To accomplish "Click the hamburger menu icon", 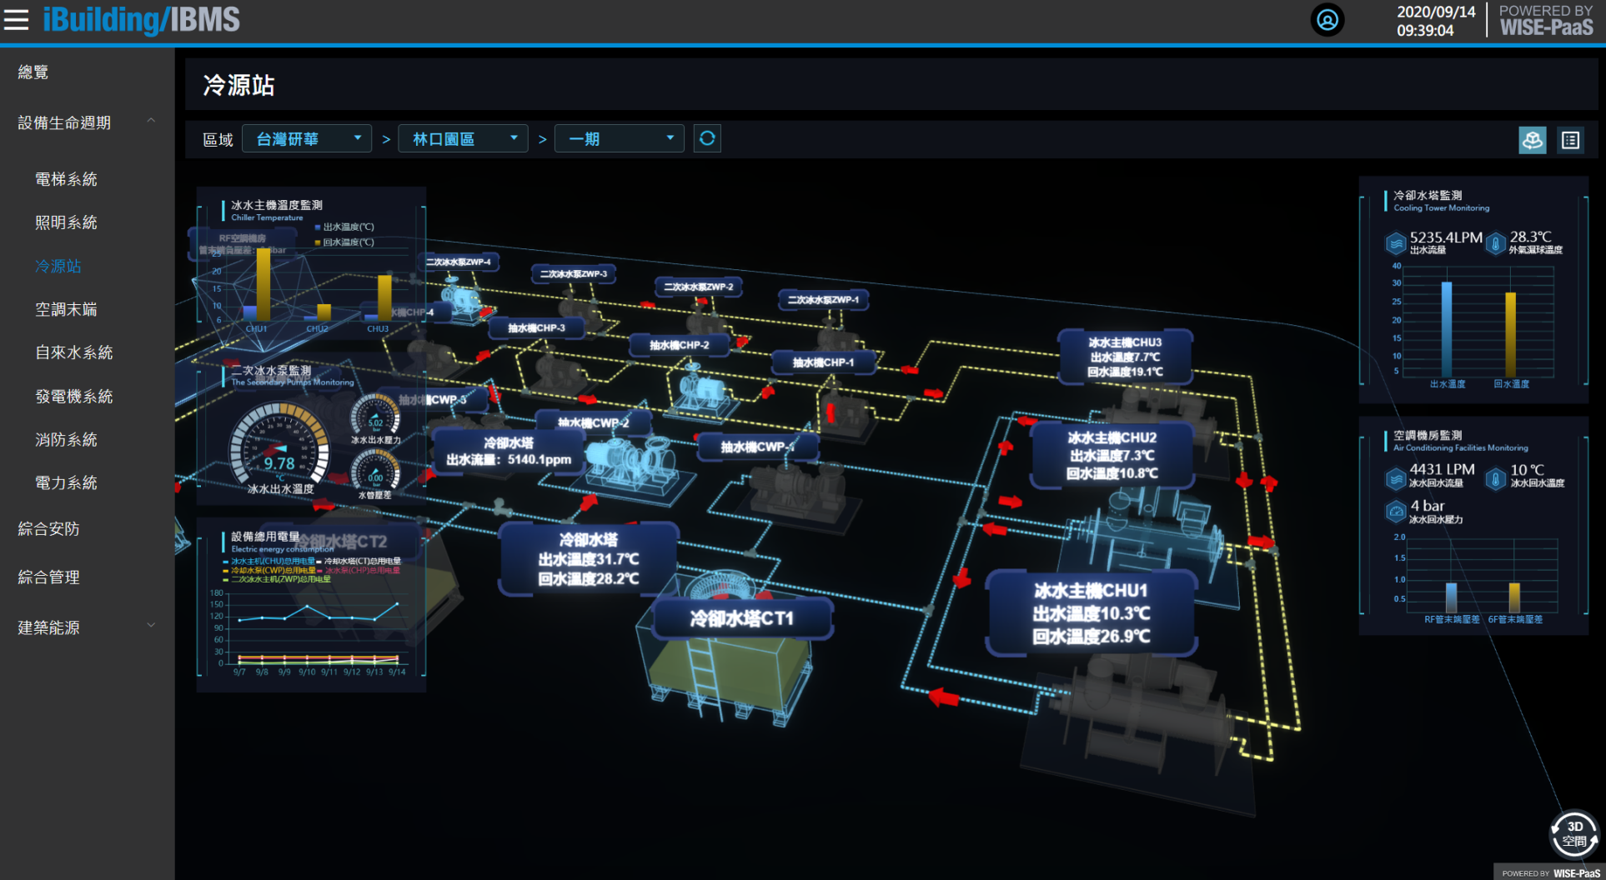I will point(16,19).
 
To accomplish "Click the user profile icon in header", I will point(1327,19).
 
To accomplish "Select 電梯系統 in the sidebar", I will point(66,179).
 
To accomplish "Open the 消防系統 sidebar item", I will point(66,439).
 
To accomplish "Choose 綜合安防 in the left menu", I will point(48,528).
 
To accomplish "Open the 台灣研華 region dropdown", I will point(307,139).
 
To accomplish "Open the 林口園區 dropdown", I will point(463,139).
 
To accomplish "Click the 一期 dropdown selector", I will point(620,139).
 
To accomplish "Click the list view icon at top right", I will point(1570,140).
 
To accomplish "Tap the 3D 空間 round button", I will point(1573,833).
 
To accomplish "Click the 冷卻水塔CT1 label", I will point(742,618).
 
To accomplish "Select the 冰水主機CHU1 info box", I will point(1091,613).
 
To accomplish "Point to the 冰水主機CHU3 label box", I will point(1124,357).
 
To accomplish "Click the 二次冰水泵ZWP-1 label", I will point(823,300).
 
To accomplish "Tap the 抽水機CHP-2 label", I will point(679,345).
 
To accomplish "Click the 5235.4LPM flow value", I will point(1446,237).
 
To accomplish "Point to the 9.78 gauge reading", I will point(279,463).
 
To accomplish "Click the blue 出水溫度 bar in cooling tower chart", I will point(1447,329).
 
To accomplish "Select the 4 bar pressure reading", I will point(1427,506).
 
